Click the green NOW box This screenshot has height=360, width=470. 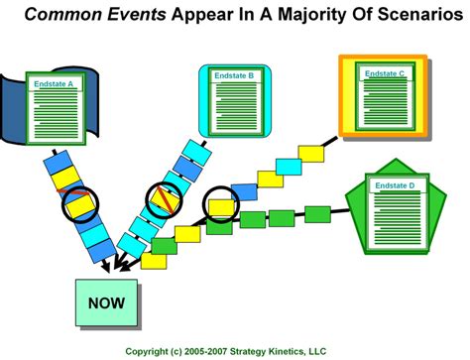pyautogui.click(x=106, y=302)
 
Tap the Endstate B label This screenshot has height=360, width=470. pyautogui.click(x=237, y=75)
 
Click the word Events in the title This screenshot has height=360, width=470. pyautogui.click(x=143, y=16)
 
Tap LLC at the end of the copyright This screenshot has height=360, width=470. pyautogui.click(x=344, y=351)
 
